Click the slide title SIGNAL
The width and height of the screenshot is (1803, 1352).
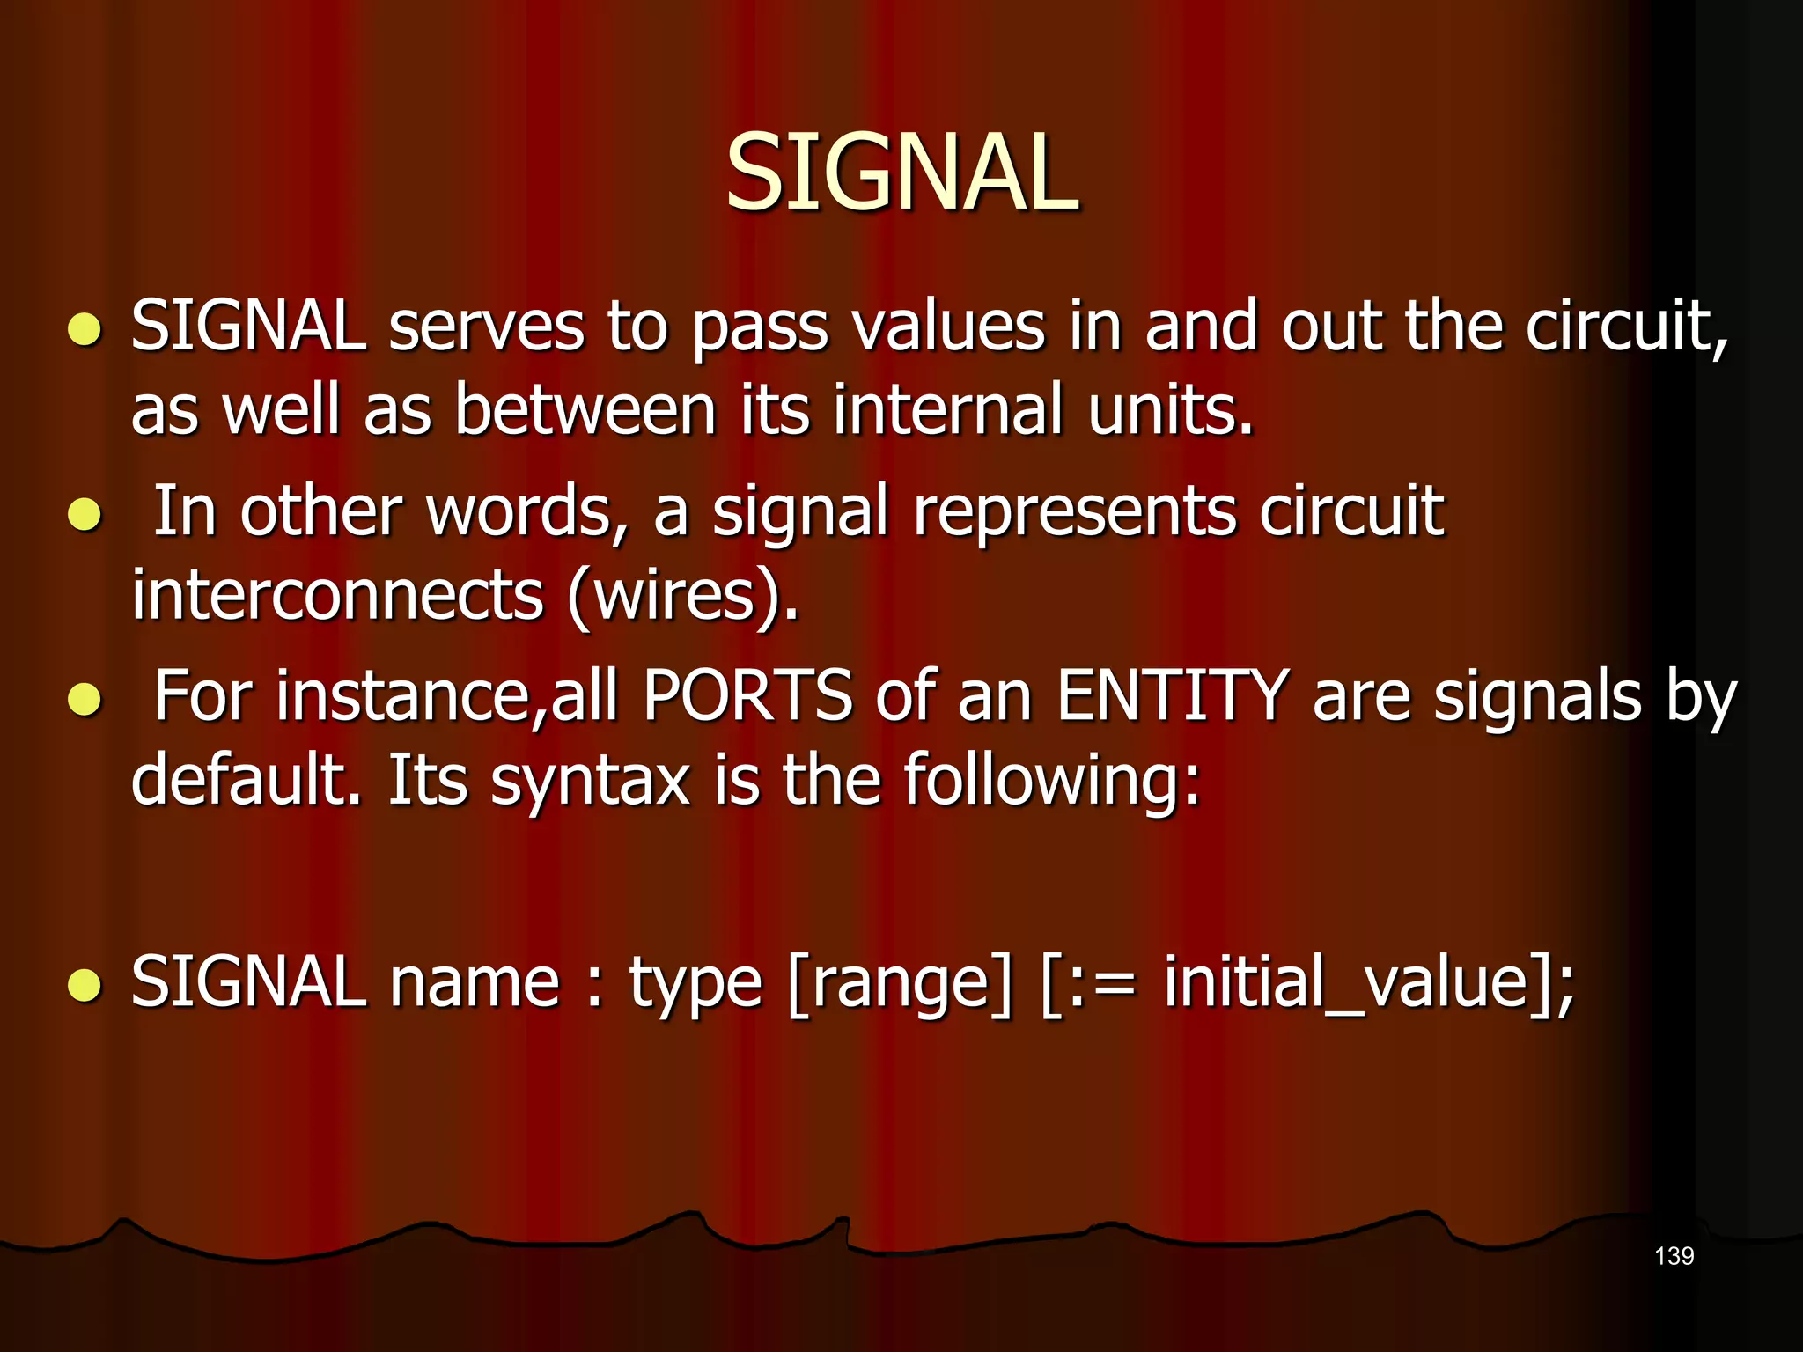coord(901,173)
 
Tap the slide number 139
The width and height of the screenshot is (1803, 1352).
coord(1674,1256)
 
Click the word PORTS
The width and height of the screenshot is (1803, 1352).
coord(747,696)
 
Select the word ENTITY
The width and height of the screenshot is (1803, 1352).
coord(1173,696)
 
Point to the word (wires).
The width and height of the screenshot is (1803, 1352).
coord(683,596)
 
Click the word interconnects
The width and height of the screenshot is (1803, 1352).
coord(337,596)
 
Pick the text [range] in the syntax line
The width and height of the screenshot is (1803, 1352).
coord(901,983)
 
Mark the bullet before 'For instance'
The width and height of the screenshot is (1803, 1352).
coord(85,700)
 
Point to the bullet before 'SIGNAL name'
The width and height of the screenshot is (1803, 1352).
coord(85,985)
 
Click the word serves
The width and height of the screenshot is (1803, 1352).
coord(486,327)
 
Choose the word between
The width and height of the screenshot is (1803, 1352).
coord(585,411)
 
